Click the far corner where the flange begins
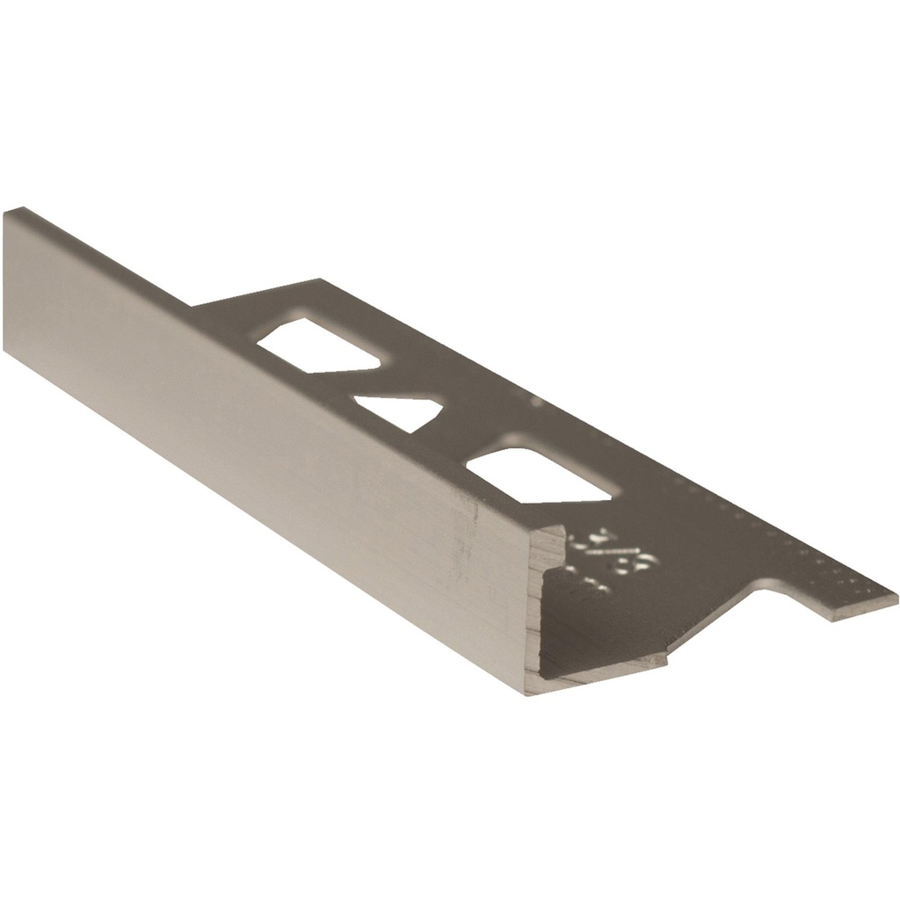tap(316, 281)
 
